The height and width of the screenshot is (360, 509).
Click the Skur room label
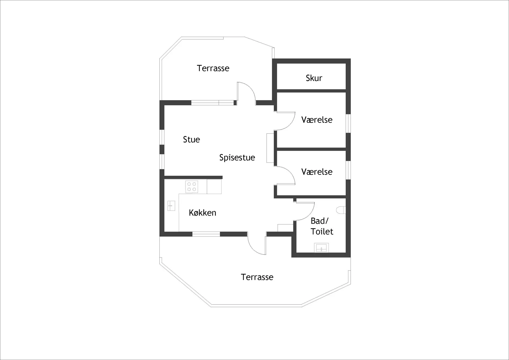(x=314, y=78)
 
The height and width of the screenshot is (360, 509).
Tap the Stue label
(x=191, y=140)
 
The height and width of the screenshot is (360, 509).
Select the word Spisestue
(x=237, y=158)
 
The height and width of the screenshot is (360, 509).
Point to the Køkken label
(x=203, y=213)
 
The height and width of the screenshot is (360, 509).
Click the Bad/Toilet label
(x=322, y=226)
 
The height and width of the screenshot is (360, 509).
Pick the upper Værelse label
(x=317, y=120)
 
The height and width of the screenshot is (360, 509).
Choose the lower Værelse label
(x=317, y=172)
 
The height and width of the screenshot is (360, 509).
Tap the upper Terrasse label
(x=213, y=68)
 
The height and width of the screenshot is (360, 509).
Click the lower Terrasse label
(x=257, y=277)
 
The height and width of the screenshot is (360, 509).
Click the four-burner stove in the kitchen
(x=192, y=186)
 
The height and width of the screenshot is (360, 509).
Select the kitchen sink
(x=171, y=206)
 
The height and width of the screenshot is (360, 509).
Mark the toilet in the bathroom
(x=341, y=210)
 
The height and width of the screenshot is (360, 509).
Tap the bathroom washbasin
(x=321, y=248)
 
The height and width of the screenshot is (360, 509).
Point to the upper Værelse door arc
(x=285, y=121)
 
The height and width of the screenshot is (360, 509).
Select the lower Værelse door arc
(x=285, y=175)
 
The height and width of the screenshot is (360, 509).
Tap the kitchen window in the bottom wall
(x=206, y=234)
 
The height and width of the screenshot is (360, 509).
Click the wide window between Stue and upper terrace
(x=213, y=103)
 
